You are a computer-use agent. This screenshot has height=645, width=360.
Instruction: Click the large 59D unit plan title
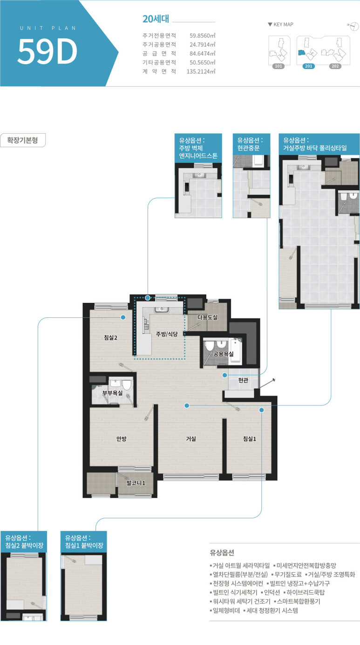coord(48,51)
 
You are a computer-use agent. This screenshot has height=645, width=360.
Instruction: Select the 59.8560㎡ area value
coord(202,36)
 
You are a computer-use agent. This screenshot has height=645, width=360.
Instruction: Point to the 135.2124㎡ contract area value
coord(201,71)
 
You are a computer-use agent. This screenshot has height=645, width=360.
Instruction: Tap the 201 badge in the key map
coord(308,66)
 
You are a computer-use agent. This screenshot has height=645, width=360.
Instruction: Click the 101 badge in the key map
coord(278,66)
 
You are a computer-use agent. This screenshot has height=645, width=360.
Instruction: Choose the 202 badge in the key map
coord(335,66)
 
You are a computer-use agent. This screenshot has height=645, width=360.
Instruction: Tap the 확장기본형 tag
coord(23,140)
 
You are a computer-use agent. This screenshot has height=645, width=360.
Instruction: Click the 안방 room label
coord(122,439)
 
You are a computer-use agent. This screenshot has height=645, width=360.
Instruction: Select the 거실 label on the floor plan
coord(191,439)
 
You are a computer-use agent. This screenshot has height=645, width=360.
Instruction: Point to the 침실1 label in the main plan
coord(250,439)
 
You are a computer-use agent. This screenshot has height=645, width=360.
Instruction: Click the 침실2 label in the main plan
coord(110,337)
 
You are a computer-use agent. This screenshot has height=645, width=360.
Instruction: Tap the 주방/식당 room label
coord(167,334)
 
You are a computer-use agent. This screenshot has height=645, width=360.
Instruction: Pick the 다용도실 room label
coord(208,317)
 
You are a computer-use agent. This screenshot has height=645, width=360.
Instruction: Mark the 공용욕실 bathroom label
coord(224,354)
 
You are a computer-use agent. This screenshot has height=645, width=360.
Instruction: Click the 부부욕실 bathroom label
coord(113,393)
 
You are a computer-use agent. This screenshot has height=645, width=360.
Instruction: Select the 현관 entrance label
coord(243,380)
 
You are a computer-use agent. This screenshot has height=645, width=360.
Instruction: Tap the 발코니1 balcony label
coord(136,483)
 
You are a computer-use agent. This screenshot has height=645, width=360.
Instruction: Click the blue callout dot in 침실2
coord(123,317)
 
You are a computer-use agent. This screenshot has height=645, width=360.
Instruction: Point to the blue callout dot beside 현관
coord(225,375)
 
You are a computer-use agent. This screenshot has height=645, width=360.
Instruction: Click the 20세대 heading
coord(156,19)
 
